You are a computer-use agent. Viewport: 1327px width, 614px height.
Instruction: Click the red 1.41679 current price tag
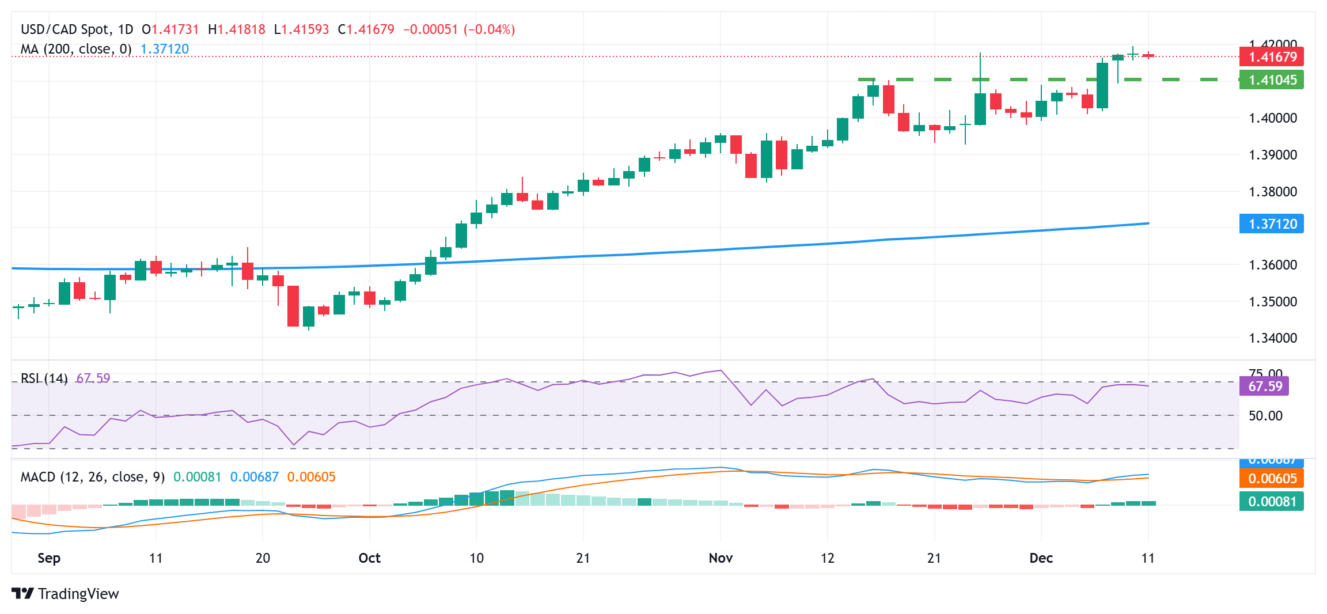tap(1271, 57)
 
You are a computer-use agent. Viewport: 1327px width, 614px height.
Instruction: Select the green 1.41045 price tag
tap(1271, 80)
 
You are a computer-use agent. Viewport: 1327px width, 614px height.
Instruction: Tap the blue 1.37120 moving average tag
tap(1271, 224)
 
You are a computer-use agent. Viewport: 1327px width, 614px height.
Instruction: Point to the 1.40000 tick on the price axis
tap(1272, 118)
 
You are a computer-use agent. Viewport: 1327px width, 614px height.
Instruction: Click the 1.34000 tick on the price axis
tap(1272, 338)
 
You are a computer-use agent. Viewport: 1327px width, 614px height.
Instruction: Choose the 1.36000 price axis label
tap(1272, 265)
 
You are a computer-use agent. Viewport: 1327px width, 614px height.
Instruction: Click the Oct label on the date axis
tap(369, 558)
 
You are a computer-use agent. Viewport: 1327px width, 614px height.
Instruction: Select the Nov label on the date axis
tap(721, 558)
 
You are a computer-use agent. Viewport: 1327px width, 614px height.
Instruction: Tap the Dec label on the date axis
tap(1041, 558)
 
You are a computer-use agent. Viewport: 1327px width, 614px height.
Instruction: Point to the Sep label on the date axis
tap(49, 558)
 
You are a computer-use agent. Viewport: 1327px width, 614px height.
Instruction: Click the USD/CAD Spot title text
tap(65, 29)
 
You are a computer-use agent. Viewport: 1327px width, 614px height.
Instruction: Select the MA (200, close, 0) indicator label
tap(76, 50)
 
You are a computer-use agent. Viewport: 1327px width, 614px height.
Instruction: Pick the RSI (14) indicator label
tap(44, 378)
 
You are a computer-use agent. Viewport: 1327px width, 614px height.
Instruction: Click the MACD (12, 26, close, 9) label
tap(93, 477)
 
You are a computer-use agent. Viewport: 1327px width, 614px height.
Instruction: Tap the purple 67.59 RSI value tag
tap(1264, 386)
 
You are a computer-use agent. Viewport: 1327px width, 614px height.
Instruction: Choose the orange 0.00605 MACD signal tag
tap(1271, 479)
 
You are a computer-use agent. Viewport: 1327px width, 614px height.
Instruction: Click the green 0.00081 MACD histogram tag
tap(1271, 502)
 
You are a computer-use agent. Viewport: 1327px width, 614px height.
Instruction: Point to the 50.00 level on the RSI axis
tap(1265, 416)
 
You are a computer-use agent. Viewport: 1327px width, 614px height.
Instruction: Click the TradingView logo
tap(65, 594)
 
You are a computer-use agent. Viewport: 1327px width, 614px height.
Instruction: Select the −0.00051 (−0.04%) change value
tap(458, 29)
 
